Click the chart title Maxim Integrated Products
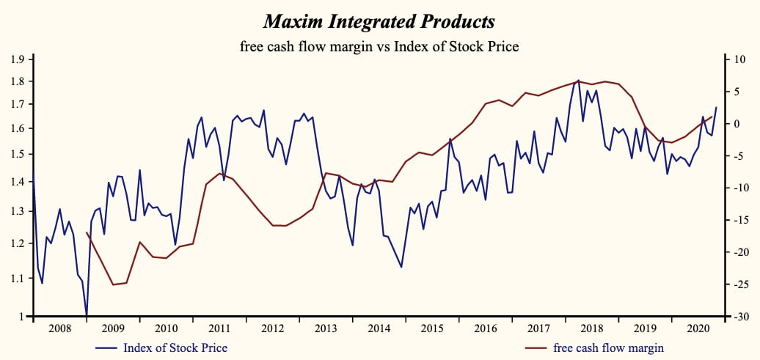tap(379, 21)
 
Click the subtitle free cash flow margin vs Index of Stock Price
tap(379, 47)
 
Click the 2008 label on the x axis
tap(60, 328)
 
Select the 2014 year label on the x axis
tap(379, 328)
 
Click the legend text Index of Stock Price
tap(175, 348)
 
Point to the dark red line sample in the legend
tap(537, 348)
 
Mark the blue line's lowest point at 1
tap(87, 316)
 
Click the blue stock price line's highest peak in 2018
tap(578, 80)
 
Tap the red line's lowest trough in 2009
tap(113, 284)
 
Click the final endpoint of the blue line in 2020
tap(716, 108)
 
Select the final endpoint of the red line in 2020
tap(712, 137)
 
